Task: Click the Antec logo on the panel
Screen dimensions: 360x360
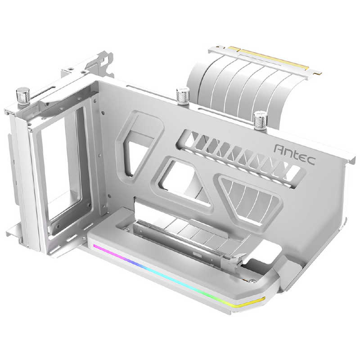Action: click(295, 155)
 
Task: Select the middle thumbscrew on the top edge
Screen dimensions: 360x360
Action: click(182, 96)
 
